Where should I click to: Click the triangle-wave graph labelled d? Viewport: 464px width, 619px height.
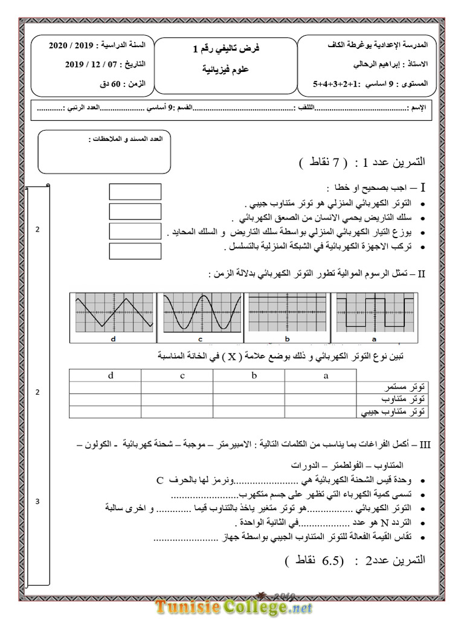point(112,313)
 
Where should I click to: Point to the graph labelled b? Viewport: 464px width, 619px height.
point(288,313)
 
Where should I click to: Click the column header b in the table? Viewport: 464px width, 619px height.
point(254,376)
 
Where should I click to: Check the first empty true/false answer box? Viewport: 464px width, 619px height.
point(135,192)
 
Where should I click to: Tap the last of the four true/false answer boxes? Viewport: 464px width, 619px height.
point(135,251)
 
